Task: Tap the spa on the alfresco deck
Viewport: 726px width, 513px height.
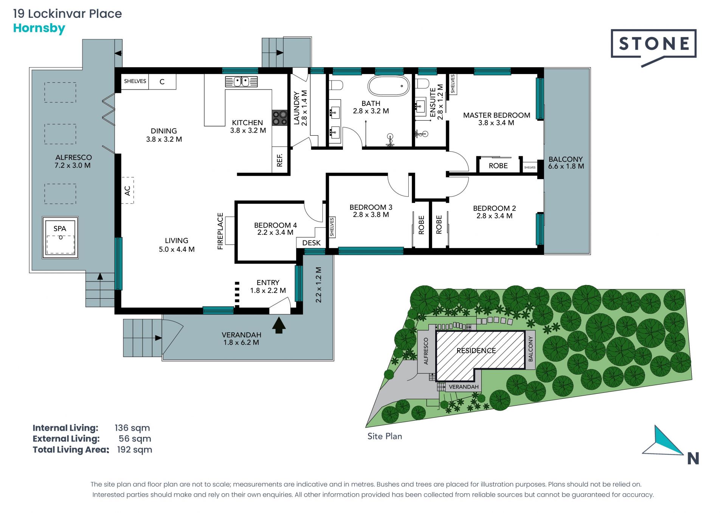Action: coord(60,237)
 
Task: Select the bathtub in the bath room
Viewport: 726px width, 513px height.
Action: coord(389,86)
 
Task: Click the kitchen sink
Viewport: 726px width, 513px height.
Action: coord(241,81)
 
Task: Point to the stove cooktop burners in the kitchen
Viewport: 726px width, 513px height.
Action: coord(280,118)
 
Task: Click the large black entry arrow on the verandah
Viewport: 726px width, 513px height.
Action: coord(279,325)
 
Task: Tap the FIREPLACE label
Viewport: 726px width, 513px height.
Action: coord(220,231)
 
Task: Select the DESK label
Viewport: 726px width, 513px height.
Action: coord(311,243)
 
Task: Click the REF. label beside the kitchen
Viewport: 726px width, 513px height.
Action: coord(280,160)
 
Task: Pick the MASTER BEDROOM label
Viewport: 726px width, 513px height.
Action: coord(496,115)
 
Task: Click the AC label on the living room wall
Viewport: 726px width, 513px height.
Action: coord(127,191)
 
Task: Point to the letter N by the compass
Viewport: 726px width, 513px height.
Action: coord(693,459)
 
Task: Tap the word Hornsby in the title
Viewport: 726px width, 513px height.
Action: coord(39,28)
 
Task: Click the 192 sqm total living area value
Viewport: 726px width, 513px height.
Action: coord(135,449)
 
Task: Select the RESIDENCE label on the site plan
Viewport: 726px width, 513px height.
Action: coord(476,350)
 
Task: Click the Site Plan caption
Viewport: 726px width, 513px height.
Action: coord(385,436)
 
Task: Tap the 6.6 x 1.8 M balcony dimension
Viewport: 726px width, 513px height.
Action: coord(566,166)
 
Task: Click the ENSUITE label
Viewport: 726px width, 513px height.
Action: coord(433,102)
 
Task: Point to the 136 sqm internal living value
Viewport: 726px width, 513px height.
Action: coord(132,428)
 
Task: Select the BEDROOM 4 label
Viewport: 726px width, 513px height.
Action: coord(275,225)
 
